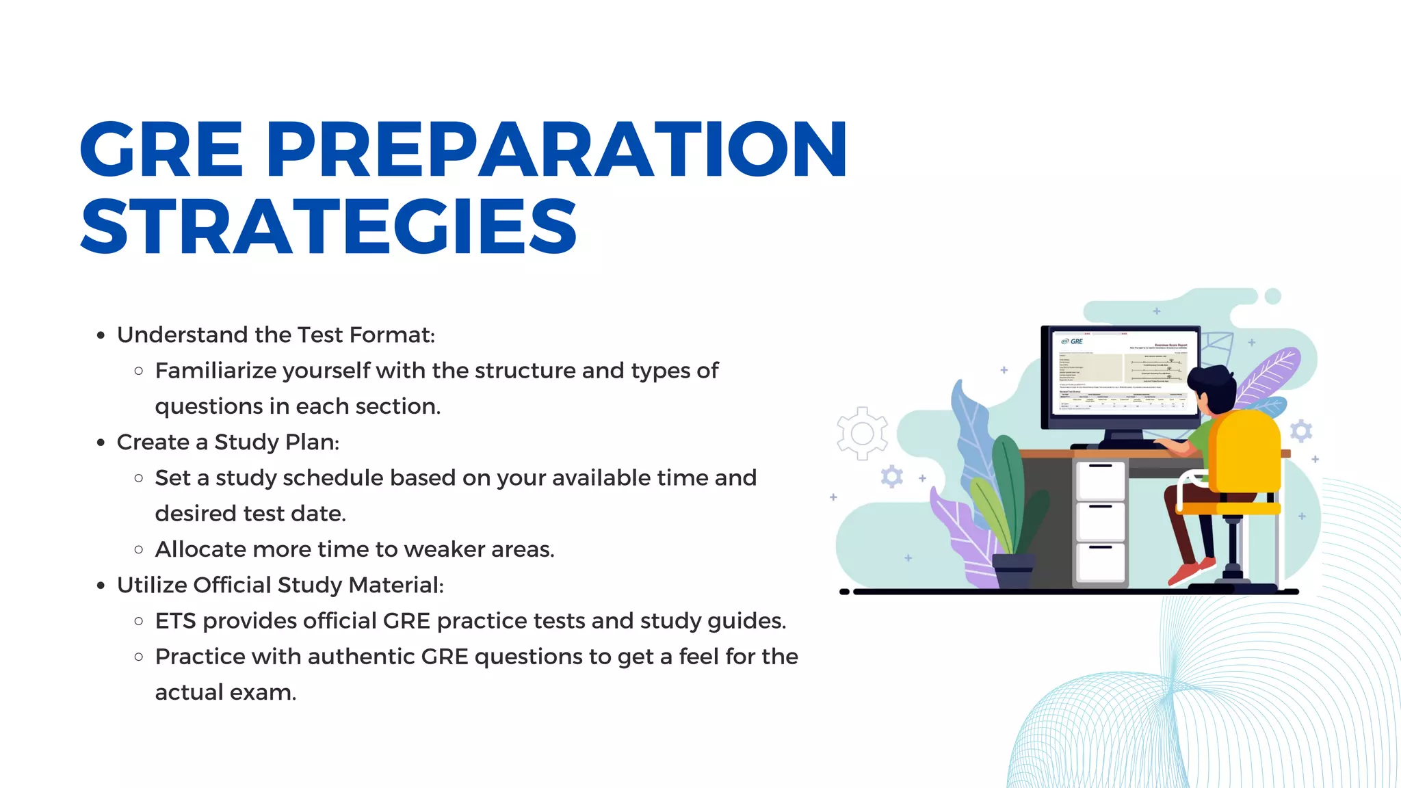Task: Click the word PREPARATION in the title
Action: [555, 149]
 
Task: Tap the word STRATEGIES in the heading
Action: [329, 226]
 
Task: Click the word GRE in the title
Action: [161, 149]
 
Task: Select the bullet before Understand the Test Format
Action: [101, 335]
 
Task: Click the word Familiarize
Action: [216, 371]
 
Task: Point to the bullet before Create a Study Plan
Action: [101, 443]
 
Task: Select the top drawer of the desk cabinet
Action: [1100, 480]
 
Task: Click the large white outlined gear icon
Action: [862, 433]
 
